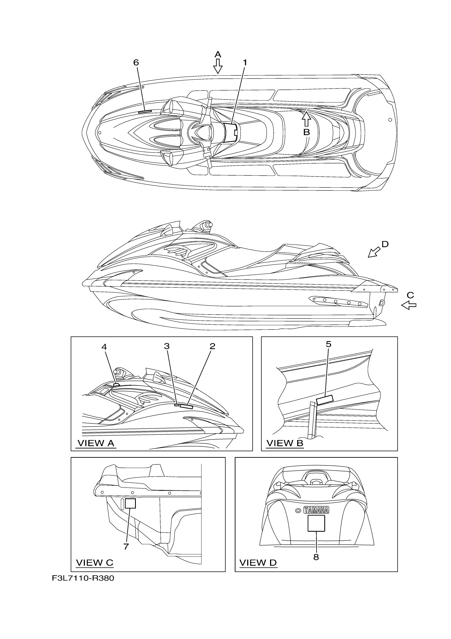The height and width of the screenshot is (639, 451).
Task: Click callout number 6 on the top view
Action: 136,63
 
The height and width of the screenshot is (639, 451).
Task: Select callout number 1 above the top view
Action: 245,63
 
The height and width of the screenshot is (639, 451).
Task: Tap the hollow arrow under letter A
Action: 218,66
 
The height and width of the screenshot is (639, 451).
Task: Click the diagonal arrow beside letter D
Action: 374,252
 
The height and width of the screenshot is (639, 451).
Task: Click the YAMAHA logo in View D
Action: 316,510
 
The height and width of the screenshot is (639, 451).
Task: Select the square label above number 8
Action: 316,523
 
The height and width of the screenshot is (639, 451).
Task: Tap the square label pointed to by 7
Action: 130,503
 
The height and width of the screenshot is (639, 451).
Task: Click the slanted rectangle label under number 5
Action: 325,400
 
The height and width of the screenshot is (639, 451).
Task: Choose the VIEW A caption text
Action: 96,443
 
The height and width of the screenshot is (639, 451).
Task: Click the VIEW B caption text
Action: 285,443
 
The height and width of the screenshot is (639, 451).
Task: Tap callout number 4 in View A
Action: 104,347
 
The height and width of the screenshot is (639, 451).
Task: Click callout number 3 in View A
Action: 167,346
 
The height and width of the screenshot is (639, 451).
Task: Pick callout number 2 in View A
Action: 212,346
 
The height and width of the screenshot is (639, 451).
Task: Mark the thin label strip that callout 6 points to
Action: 145,111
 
